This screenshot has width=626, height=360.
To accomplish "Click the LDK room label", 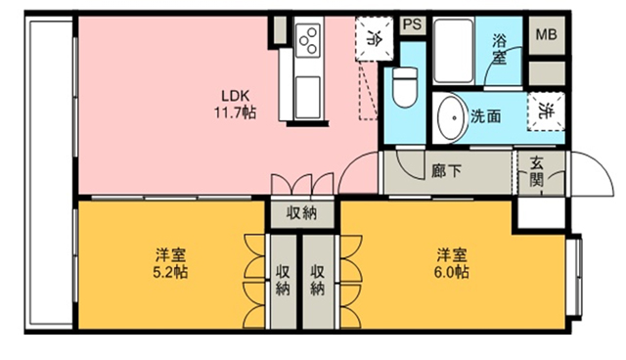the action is point(236,96).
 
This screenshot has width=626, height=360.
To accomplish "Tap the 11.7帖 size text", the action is point(235,112).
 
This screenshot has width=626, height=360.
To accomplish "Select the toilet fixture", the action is point(405,87).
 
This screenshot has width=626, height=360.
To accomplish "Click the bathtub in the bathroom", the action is point(454,50).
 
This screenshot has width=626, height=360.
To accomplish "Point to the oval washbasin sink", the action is point(452,118).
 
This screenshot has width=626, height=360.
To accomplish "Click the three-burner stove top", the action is point(308,40).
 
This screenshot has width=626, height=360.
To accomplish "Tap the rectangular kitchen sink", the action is point(308,98).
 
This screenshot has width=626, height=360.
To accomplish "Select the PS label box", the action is point(413,24).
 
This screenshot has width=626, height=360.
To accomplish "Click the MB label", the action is point(546,34).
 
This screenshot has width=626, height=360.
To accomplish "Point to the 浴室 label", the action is point(499,49).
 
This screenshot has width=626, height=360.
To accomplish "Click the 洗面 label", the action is point(485,116).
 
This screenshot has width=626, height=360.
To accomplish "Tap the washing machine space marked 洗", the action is point(546,112).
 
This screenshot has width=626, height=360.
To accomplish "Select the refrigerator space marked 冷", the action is point(375,38).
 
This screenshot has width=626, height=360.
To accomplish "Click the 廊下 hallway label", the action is point(446,171).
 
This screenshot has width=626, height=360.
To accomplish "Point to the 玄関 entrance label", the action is point(536,171).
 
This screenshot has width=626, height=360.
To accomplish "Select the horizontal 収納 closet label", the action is point(302,213).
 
